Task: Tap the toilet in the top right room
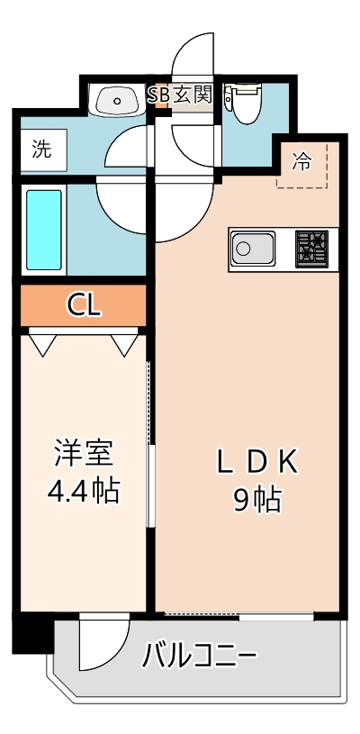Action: [x=243, y=102]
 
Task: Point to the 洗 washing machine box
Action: [x=42, y=150]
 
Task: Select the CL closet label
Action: [x=84, y=305]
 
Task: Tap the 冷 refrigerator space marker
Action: [x=302, y=163]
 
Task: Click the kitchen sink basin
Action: [x=253, y=248]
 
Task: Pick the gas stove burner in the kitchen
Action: [x=311, y=248]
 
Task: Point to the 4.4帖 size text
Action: [x=82, y=491]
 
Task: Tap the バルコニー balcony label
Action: [x=200, y=655]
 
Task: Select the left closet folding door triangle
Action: [x=42, y=343]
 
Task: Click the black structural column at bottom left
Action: [x=31, y=633]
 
